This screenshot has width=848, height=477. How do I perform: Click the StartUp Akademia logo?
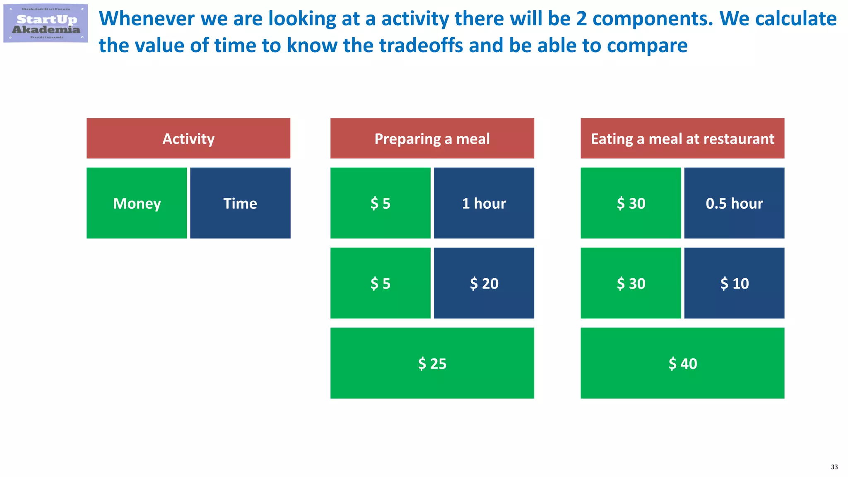46,23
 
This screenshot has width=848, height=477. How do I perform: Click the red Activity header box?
188,138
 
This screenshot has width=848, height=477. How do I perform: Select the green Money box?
137,203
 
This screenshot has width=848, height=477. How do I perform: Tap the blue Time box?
240,203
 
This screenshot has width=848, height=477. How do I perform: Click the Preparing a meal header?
432,138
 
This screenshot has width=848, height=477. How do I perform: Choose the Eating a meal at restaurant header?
682,138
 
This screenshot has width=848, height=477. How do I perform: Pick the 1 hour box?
484,203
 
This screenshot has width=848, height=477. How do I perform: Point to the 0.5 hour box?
734,203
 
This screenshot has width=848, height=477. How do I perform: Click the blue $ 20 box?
484,283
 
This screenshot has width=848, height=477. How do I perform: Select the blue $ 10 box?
734,283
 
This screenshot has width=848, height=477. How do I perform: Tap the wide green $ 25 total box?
432,363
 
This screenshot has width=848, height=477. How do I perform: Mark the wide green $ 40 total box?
682,363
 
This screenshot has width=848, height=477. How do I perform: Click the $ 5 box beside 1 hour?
380,203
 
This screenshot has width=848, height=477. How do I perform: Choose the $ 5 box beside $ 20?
380,283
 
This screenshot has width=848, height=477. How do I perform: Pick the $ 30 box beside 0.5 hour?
631,203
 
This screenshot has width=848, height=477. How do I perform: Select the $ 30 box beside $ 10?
631,283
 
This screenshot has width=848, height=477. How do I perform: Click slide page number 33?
834,467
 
